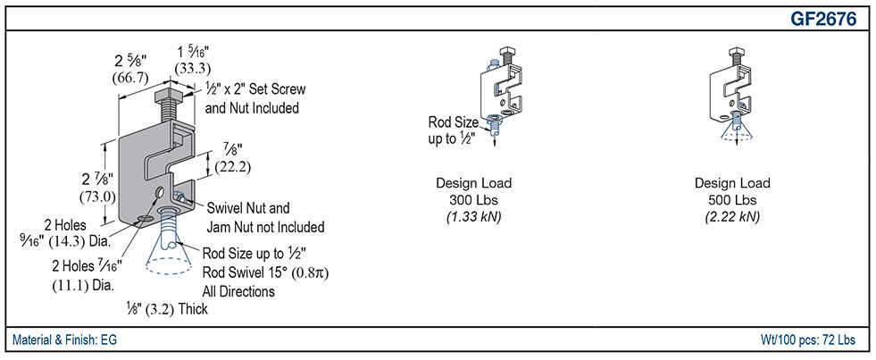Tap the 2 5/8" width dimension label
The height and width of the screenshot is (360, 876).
130,61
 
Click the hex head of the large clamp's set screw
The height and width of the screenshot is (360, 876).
167,93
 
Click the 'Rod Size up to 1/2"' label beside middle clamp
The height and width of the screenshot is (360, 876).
453,130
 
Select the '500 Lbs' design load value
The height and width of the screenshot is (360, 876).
732,200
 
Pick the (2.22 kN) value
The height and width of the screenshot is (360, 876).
732,216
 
